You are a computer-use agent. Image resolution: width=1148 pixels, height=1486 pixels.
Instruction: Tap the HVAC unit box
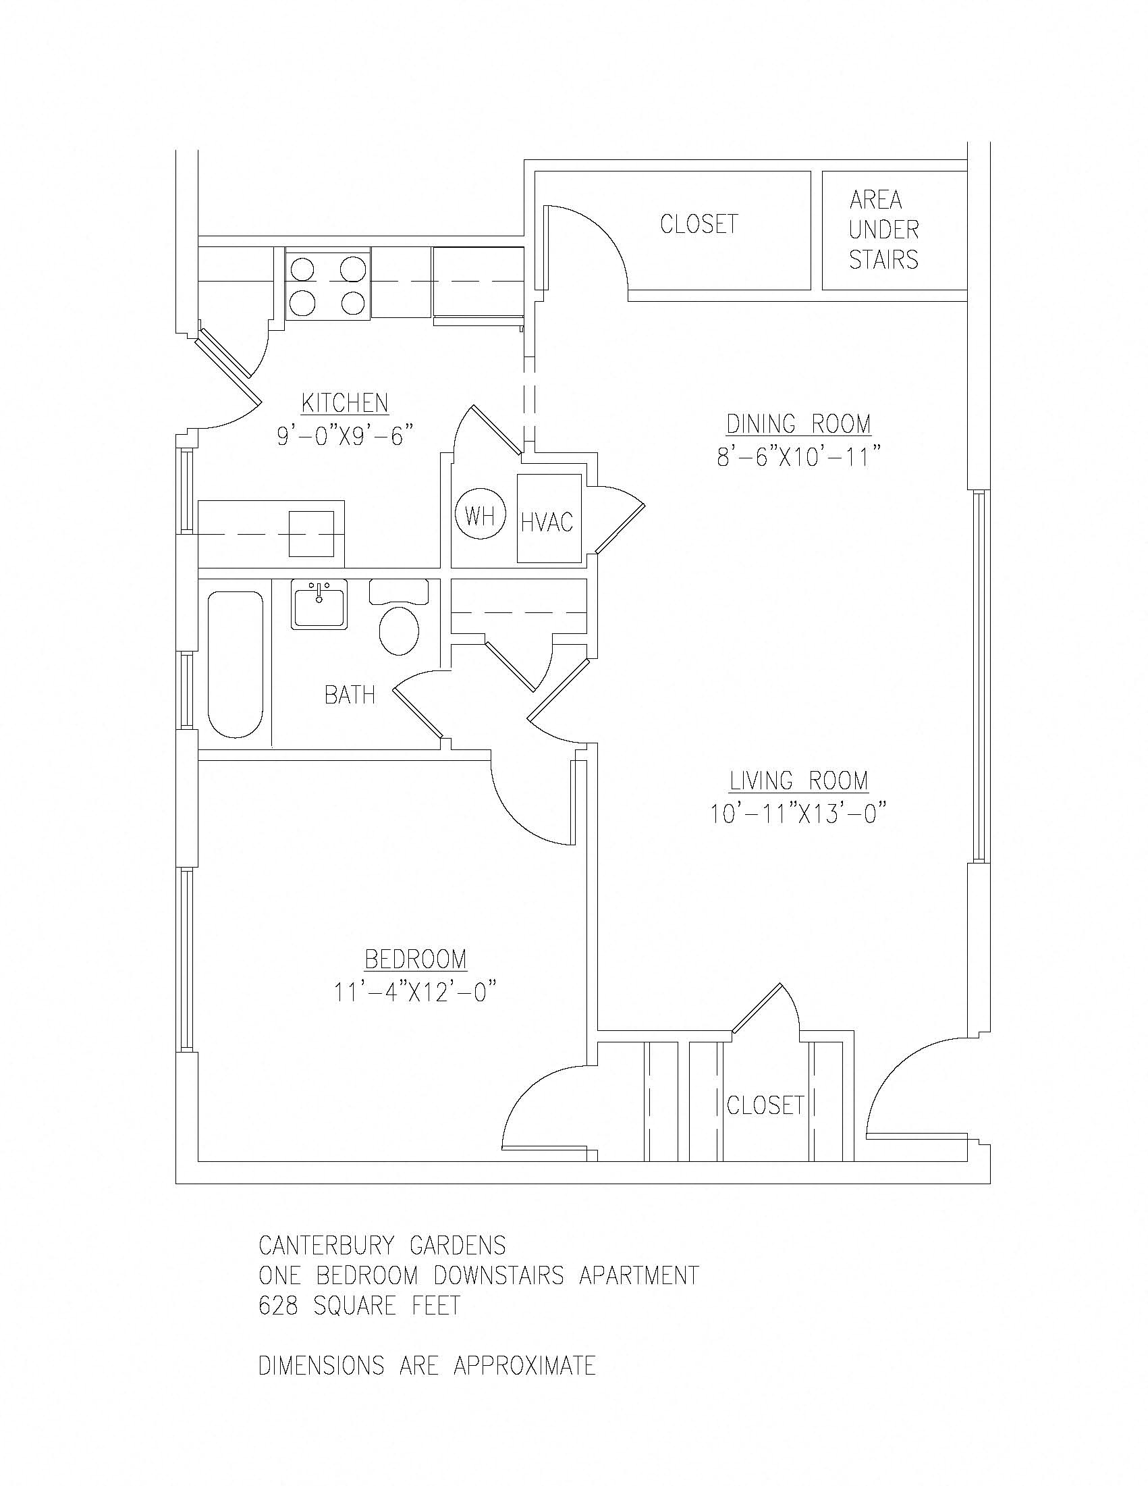(548, 521)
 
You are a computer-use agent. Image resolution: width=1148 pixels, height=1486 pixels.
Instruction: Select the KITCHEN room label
(345, 403)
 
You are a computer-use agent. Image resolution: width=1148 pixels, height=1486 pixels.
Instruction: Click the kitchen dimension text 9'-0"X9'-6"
(345, 435)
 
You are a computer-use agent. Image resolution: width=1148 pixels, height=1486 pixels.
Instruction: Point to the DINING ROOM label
(798, 424)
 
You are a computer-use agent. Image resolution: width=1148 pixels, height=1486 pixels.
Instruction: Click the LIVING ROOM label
(798, 780)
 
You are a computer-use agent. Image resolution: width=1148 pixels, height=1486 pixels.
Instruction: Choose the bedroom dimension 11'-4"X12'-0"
(414, 992)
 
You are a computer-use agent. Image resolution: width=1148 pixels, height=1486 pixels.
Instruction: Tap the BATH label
(350, 695)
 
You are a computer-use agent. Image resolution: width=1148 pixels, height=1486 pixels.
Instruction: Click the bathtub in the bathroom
(236, 664)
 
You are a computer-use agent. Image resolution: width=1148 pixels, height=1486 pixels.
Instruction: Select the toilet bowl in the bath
(399, 630)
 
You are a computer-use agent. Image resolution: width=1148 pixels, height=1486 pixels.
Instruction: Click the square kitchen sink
(312, 534)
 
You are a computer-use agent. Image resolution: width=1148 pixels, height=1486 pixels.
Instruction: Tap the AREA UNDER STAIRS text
(883, 230)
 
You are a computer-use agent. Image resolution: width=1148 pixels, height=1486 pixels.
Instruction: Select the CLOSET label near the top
(699, 224)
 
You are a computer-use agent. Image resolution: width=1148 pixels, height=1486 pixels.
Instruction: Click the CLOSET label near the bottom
(765, 1105)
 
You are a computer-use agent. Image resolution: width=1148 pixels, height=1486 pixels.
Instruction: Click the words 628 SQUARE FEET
(360, 1306)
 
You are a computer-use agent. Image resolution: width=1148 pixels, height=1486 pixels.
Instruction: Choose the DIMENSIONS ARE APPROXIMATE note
(427, 1366)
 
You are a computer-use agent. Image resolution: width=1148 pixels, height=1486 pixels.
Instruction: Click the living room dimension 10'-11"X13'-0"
(798, 814)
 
